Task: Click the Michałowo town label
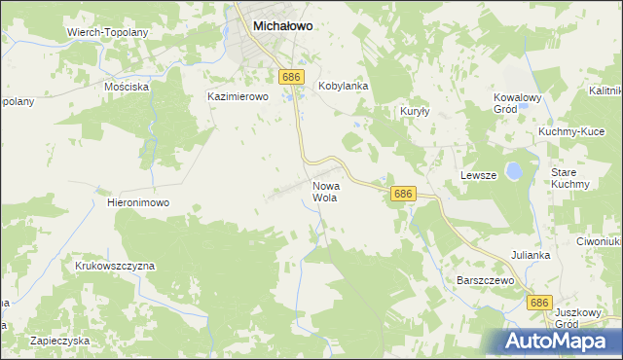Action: (x=282, y=27)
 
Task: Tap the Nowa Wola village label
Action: (x=325, y=191)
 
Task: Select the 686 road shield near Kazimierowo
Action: (x=290, y=76)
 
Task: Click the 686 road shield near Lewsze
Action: (x=404, y=195)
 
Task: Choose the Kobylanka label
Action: (x=344, y=86)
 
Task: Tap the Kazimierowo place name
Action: (x=238, y=97)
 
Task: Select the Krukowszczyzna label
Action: (x=114, y=265)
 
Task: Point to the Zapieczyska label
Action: (x=59, y=341)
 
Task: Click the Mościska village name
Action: (x=127, y=87)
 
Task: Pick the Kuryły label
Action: (x=416, y=112)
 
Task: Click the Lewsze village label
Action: (x=478, y=175)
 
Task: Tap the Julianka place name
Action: (x=531, y=255)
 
